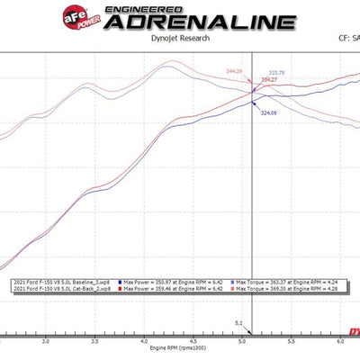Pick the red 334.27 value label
tap(268, 80)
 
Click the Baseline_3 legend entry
tap(60, 282)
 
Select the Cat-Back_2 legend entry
tap(60, 289)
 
